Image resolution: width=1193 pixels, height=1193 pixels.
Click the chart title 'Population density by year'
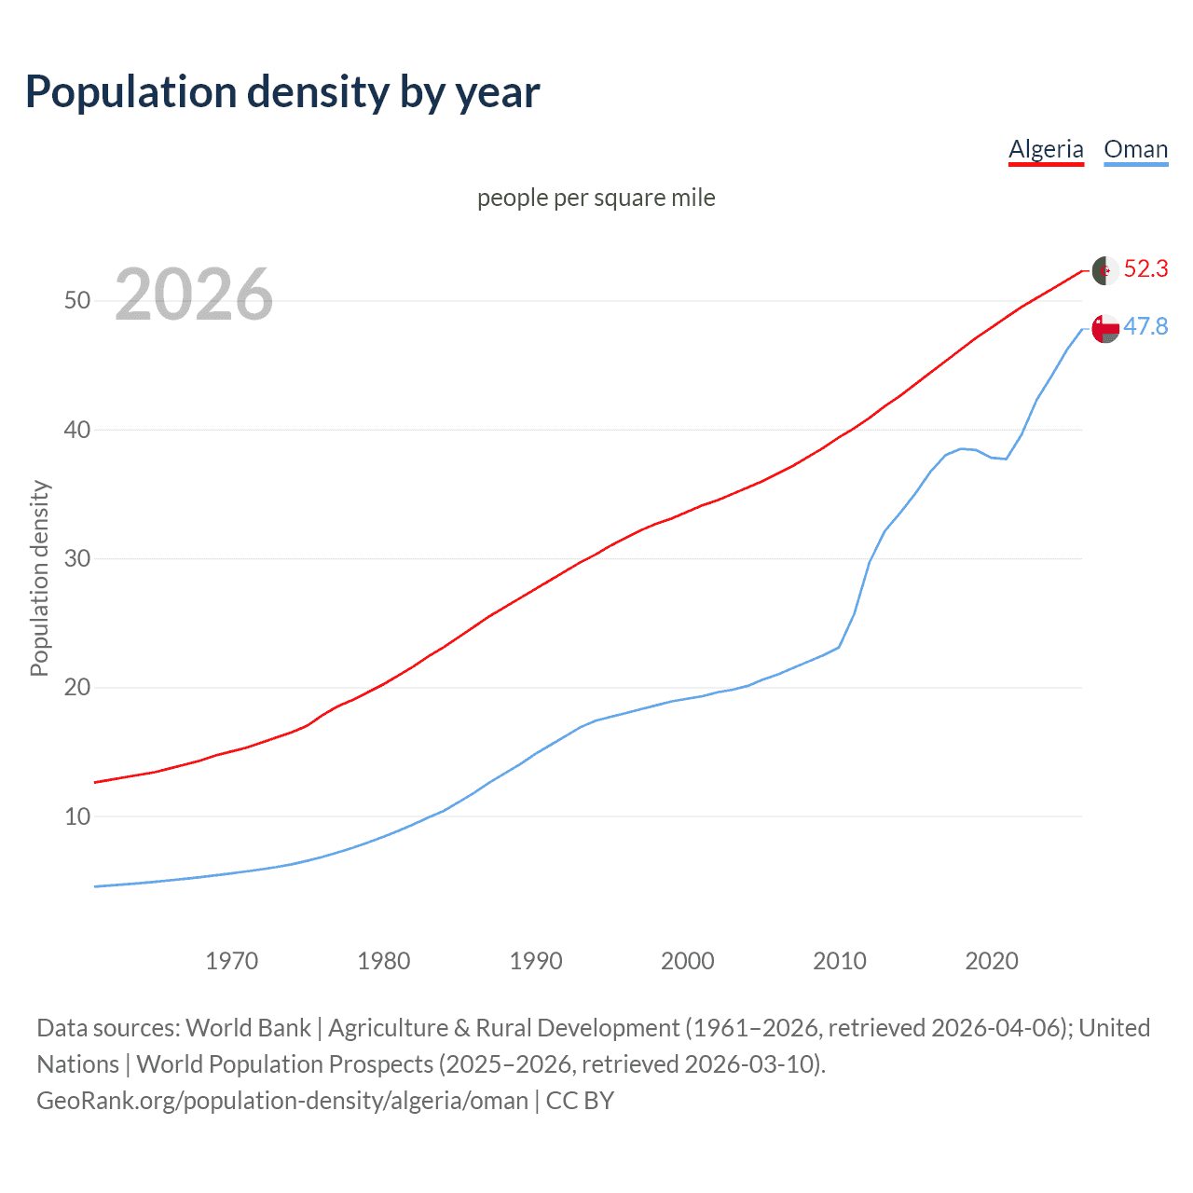[x=282, y=92]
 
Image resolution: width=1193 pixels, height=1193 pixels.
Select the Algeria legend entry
[x=1046, y=149]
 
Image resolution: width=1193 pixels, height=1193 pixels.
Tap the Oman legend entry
[x=1135, y=149]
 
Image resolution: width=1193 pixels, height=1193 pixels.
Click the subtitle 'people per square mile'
[x=596, y=198]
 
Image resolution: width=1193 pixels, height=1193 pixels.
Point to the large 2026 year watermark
[x=194, y=295]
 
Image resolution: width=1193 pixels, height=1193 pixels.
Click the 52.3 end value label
[x=1145, y=269]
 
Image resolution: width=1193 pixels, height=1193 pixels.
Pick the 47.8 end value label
[x=1145, y=326]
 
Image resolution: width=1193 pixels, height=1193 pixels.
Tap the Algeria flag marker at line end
[x=1105, y=270]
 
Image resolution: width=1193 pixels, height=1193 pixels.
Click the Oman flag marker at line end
[x=1105, y=329]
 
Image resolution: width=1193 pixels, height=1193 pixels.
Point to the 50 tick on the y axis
[x=77, y=301]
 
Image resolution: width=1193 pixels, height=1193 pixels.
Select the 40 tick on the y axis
[x=77, y=430]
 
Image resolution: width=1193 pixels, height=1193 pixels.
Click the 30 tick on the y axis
[x=77, y=559]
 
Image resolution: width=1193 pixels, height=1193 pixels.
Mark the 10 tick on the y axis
[x=77, y=817]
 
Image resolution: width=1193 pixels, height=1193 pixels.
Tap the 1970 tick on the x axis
[x=232, y=961]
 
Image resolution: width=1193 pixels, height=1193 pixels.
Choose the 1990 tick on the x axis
[x=536, y=961]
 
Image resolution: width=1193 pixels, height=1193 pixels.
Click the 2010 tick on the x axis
[x=840, y=961]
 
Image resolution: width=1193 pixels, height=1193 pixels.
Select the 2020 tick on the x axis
[x=992, y=961]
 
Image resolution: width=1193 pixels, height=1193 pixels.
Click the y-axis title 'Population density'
[x=39, y=578]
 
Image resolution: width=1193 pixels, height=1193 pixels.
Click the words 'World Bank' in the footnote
[x=248, y=1028]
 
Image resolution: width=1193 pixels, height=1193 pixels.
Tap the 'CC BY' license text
[x=580, y=1101]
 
